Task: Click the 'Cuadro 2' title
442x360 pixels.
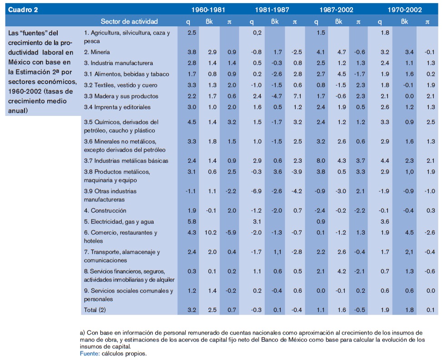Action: [23, 10]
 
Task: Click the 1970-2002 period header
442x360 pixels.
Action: [404, 10]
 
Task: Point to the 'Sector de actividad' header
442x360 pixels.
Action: [129, 21]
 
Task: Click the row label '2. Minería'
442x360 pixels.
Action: [97, 52]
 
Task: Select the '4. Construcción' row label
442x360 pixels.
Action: [105, 210]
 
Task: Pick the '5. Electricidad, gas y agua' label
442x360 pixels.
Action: [119, 222]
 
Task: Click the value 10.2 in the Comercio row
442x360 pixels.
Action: [212, 233]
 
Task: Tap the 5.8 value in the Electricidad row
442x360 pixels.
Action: [192, 222]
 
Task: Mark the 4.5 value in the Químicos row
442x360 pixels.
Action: [192, 122]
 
